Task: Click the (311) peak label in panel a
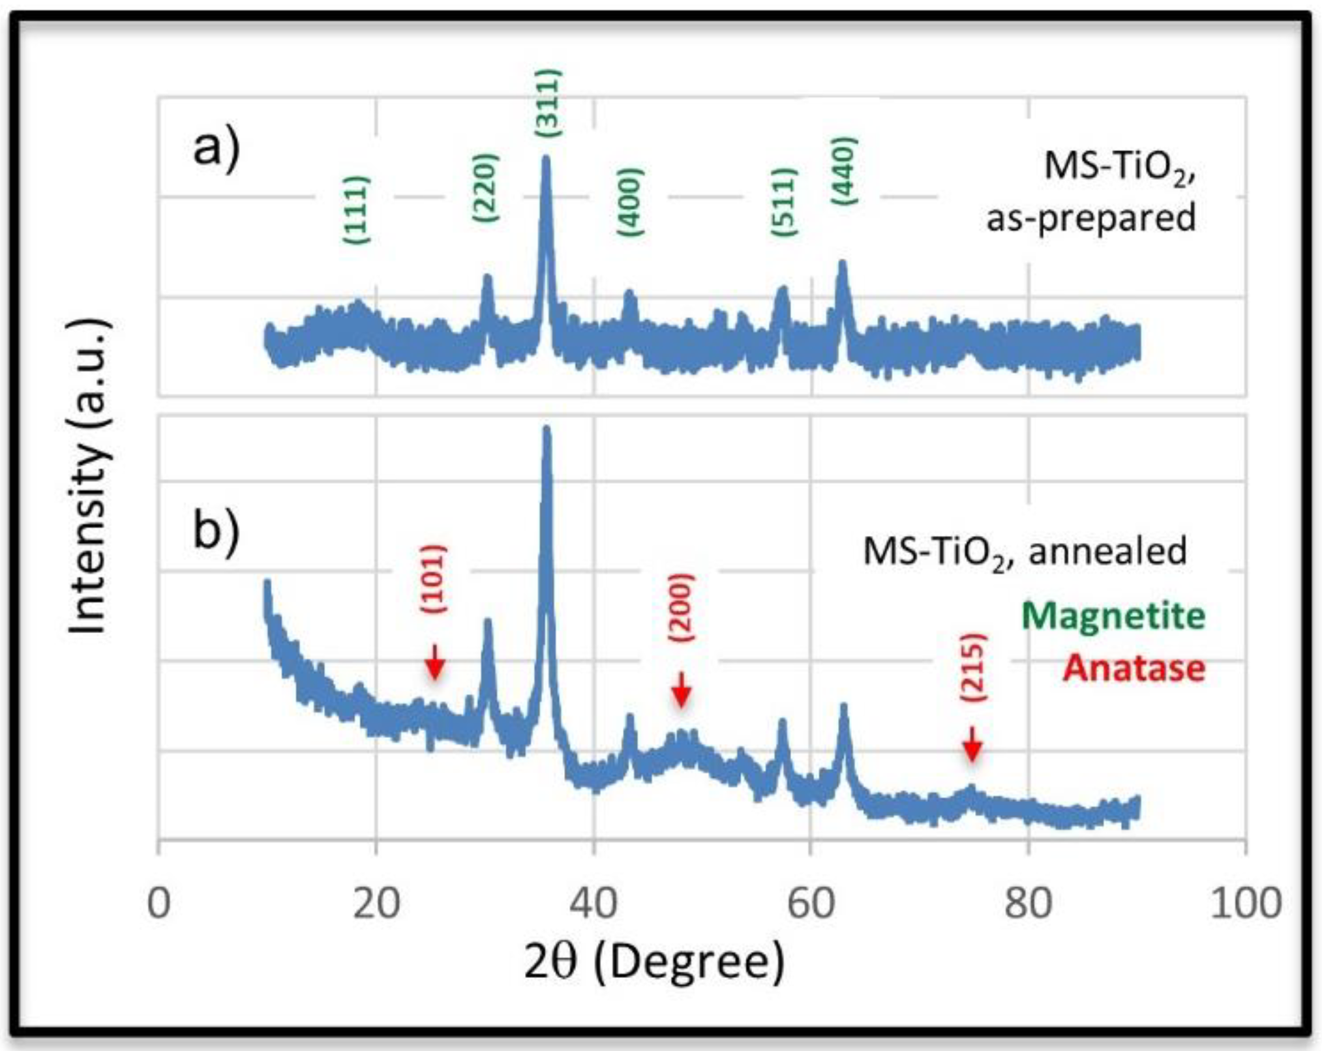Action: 548,102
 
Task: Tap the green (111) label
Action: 357,210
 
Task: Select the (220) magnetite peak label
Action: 486,187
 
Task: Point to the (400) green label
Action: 630,202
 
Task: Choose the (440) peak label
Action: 844,170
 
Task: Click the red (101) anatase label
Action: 434,578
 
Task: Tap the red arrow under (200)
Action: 682,690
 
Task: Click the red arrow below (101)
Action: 435,662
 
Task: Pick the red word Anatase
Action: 1134,668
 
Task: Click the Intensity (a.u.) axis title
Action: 88,476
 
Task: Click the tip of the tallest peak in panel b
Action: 547,430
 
